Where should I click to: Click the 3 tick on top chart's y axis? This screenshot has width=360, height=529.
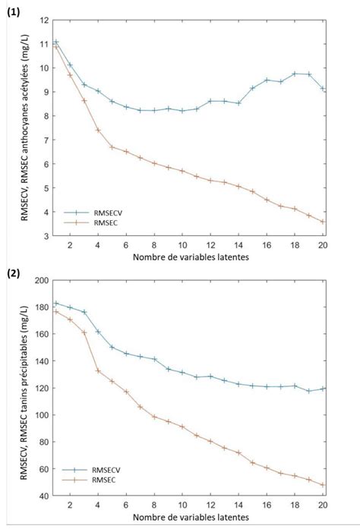coord(46,236)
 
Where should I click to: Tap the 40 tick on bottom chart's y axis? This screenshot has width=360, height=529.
coord(43,496)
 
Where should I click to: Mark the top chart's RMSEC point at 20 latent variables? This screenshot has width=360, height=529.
coord(323,222)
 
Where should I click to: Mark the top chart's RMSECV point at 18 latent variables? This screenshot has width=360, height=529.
coord(295,74)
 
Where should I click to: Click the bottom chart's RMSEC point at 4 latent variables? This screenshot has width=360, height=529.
coord(98,370)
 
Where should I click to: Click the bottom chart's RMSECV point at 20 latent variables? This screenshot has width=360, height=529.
coord(323,389)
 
